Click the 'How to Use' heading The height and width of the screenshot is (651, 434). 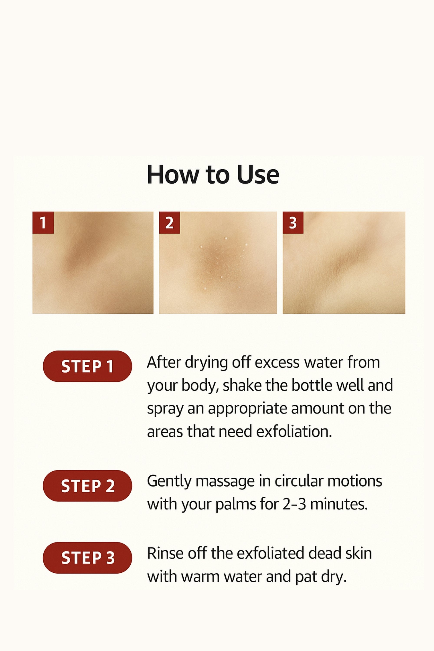[x=213, y=175]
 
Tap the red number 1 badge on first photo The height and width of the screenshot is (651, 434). [x=43, y=223]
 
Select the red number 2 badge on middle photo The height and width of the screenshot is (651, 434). [x=169, y=223]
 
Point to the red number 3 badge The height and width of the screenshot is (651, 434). [x=293, y=223]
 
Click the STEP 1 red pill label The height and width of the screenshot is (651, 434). [x=87, y=366]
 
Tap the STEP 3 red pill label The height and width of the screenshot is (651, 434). [x=87, y=558]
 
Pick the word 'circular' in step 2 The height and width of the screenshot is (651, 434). [x=299, y=481]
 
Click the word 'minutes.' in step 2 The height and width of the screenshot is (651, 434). [x=339, y=504]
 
